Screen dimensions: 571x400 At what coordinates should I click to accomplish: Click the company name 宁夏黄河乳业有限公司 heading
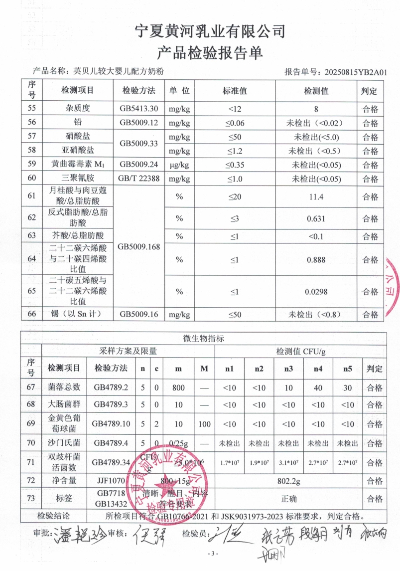tap(210, 31)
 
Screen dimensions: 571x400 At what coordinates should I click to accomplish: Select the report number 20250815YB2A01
tap(355, 72)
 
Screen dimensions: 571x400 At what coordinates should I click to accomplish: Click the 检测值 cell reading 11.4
tap(316, 197)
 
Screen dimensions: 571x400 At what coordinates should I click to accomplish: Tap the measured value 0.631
tap(316, 218)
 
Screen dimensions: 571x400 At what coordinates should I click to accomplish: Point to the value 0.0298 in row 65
tap(316, 292)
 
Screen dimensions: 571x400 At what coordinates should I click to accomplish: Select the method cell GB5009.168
tap(139, 246)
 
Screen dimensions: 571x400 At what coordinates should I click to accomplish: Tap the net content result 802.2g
tap(288, 481)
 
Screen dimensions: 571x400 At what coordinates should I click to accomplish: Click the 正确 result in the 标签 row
tap(288, 499)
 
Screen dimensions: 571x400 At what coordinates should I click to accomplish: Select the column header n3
tap(288, 370)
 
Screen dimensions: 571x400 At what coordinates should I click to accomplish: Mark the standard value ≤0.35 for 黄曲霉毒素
tap(235, 164)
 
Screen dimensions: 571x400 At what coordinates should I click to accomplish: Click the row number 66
tap(32, 315)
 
